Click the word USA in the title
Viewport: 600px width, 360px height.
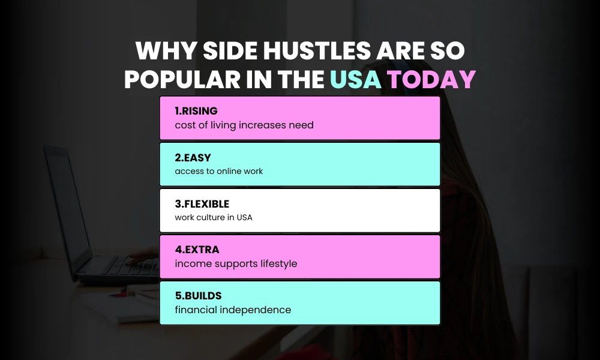pos(356,80)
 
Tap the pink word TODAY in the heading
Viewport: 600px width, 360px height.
pos(431,80)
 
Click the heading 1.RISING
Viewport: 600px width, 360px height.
pos(196,111)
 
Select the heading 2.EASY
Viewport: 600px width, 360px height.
pos(193,158)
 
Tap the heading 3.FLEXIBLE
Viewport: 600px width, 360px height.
pos(202,204)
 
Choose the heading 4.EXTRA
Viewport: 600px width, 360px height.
pos(196,250)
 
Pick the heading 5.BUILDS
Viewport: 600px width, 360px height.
pos(197,296)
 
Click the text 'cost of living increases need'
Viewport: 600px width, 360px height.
pos(244,125)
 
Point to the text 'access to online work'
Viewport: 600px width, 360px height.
pos(219,171)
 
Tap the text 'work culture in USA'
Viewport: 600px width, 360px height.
pos(214,217)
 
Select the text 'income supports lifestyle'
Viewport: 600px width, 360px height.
pos(236,263)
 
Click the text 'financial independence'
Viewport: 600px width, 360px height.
pos(233,310)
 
